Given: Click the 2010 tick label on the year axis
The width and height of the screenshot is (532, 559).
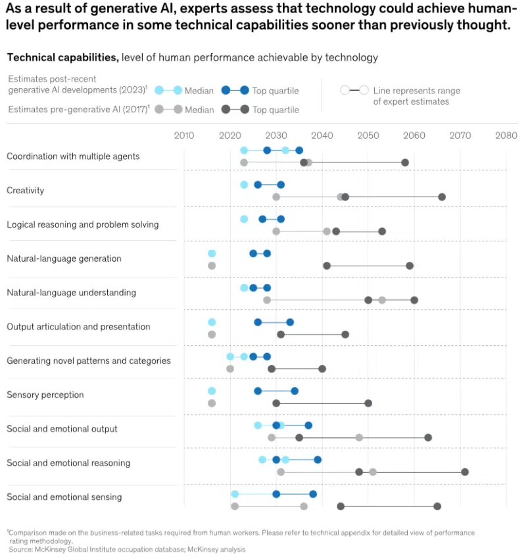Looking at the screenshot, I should coord(183,136).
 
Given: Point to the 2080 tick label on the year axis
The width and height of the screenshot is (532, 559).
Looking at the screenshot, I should coord(506,136).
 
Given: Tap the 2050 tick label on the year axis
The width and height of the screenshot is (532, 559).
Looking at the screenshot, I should coord(368,136).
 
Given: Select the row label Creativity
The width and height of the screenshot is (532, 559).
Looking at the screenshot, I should coord(25,191).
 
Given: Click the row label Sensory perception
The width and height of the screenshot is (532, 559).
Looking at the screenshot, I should coord(45,395).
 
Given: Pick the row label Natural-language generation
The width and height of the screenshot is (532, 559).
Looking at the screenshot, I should coord(64,258).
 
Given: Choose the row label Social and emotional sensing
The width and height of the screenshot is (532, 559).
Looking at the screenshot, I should coord(64,497).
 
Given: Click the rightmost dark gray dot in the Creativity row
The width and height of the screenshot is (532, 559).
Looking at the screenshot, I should coord(442,197).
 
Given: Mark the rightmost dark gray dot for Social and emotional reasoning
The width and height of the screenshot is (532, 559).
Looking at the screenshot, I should coord(465,472).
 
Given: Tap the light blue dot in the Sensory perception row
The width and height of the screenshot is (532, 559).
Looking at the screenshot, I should coord(212,391).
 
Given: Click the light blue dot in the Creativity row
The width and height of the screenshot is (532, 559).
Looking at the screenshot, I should coord(244,185).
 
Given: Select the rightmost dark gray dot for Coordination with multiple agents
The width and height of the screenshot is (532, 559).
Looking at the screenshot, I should coord(405,162).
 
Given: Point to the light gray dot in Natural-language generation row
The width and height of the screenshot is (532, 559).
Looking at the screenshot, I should coord(212,266).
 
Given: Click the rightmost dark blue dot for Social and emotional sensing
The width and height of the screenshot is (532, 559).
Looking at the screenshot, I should coord(313,494).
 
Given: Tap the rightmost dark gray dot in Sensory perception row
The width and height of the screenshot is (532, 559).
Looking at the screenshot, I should coord(368,403).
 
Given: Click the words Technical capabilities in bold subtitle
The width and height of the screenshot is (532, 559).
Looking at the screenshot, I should coord(62,57).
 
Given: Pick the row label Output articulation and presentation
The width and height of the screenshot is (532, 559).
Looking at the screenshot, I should coord(78,327).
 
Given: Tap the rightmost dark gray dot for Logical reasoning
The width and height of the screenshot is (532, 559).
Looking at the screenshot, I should coord(382,231).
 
